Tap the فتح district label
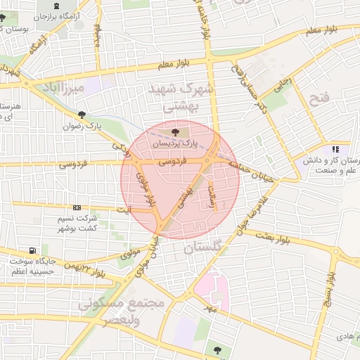pyautogui.click(x=319, y=98)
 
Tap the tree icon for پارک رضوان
pyautogui.click(x=82, y=115)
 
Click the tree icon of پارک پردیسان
pyautogui.click(x=174, y=131)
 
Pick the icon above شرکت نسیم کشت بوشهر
pyautogui.click(x=77, y=207)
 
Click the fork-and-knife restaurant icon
pyautogui.click(x=335, y=149)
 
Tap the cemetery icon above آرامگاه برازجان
pyautogui.click(x=56, y=6)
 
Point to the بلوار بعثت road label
pyautogui.click(x=292, y=240)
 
